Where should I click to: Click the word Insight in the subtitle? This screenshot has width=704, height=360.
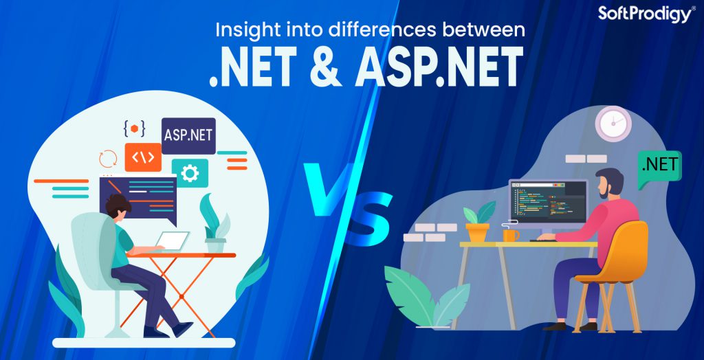pos(239,30)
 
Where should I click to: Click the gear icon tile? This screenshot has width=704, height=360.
pos(190,172)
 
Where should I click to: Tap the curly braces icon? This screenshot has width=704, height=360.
pos(133,128)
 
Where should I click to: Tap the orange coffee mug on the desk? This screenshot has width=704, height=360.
pos(510,234)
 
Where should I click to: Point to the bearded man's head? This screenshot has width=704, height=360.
pos(608,184)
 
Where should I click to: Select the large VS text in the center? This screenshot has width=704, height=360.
pos(342,199)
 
